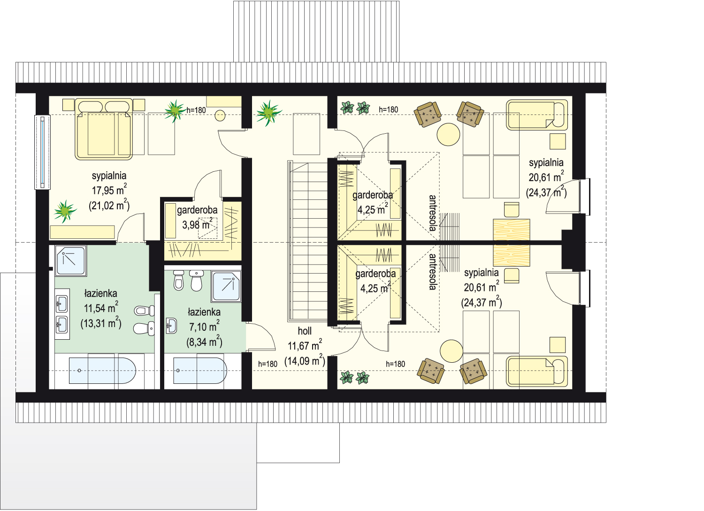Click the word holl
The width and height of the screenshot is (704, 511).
pyautogui.click(x=305, y=331)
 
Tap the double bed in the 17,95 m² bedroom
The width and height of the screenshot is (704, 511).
pyautogui.click(x=103, y=129)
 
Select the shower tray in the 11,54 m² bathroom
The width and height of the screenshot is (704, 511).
pyautogui.click(x=71, y=261)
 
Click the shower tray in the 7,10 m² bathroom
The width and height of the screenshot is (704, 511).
pyautogui.click(x=226, y=287)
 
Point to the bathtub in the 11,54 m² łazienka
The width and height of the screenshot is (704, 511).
pyautogui.click(x=102, y=370)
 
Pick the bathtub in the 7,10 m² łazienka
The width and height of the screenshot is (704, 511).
pyautogui.click(x=200, y=370)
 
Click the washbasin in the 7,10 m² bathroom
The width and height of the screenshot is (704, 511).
pyautogui.click(x=171, y=326)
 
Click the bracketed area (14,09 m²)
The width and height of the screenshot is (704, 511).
pyautogui.click(x=305, y=361)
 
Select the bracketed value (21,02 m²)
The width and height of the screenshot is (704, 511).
pyautogui.click(x=109, y=205)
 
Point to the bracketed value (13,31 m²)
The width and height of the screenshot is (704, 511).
pyautogui.click(x=101, y=323)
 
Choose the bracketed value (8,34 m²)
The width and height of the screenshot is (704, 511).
pyautogui.click(x=204, y=341)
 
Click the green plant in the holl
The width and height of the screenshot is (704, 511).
pyautogui.click(x=268, y=113)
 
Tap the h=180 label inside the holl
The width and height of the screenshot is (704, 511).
pyautogui.click(x=268, y=364)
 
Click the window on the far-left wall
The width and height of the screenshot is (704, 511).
pyautogui.click(x=42, y=153)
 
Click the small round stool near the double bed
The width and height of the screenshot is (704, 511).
pyautogui.click(x=220, y=115)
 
